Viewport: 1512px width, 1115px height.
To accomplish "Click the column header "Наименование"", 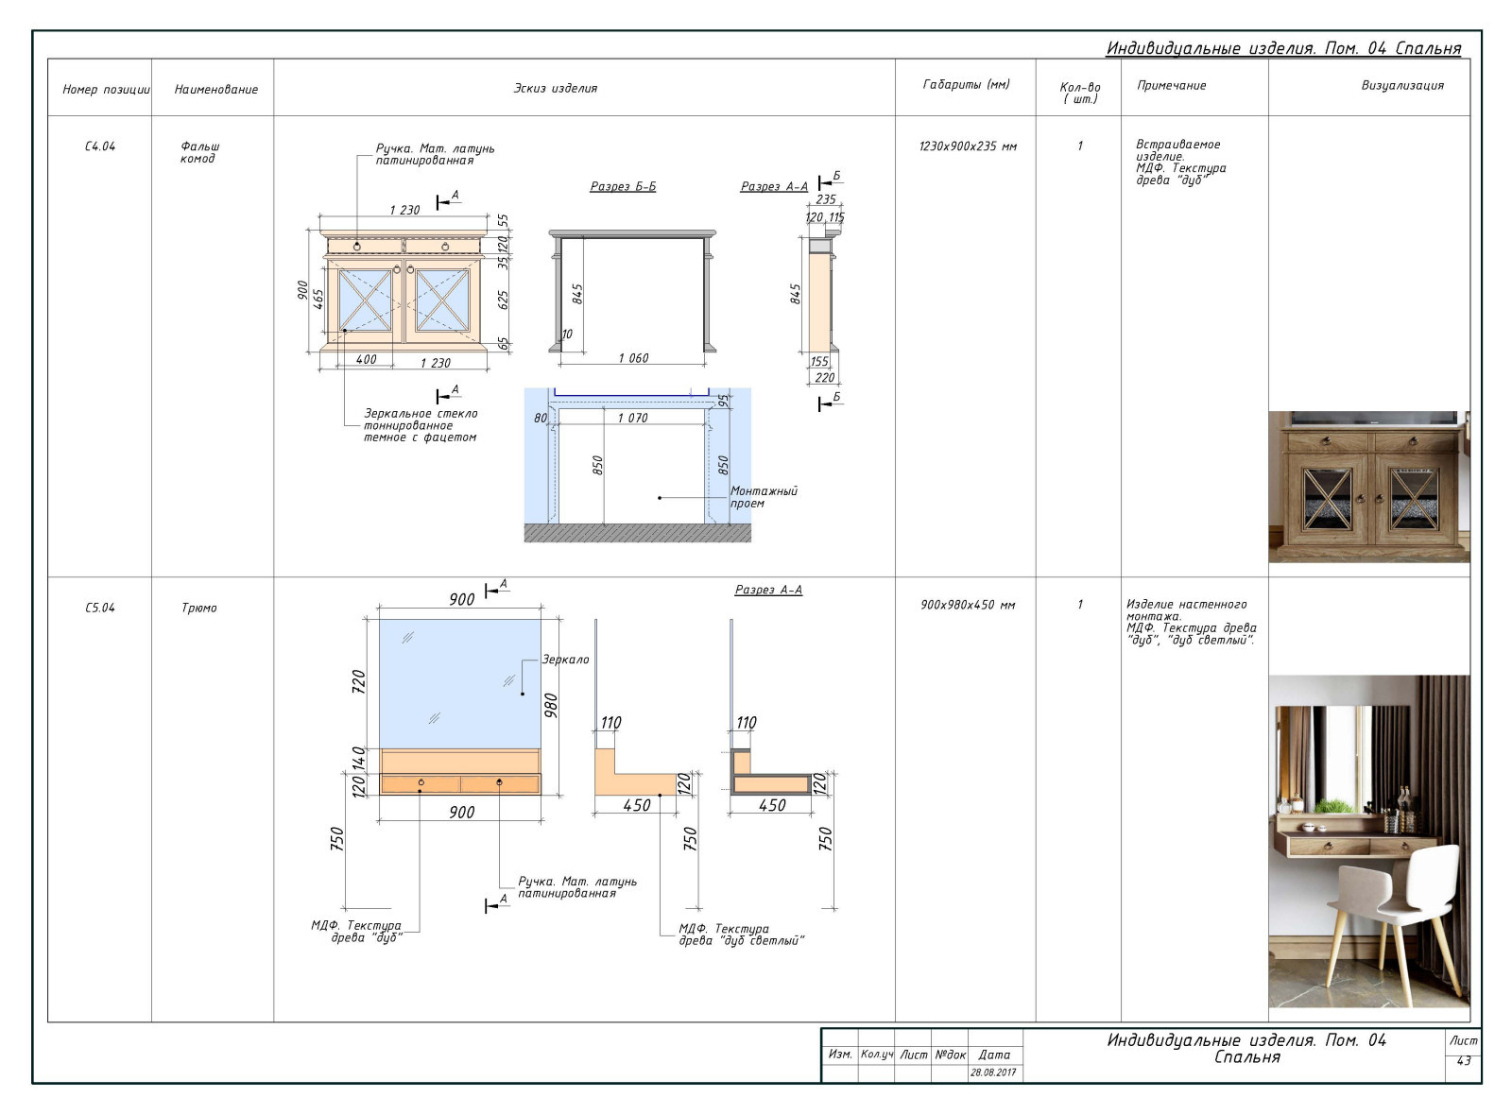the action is coord(216,89).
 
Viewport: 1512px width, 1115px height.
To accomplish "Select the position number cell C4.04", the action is coord(100,146).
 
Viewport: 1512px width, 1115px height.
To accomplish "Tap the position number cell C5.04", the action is coord(100,608).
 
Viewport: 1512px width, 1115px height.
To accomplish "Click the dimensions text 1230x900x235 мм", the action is coord(968,146).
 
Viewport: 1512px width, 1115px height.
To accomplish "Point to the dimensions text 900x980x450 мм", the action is coord(968,605).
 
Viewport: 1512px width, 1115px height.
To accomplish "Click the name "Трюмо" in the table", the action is coord(199,608).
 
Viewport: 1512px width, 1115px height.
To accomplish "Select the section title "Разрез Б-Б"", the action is coord(623,185).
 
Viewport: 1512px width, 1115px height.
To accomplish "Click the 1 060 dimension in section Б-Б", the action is coord(633,358).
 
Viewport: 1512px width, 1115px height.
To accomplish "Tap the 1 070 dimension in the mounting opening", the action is coord(632,418).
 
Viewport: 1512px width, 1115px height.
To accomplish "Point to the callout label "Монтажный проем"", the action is coord(764,497).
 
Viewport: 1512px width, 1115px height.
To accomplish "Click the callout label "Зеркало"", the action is coord(566,660).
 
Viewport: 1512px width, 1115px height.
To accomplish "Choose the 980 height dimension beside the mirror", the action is coord(551,705).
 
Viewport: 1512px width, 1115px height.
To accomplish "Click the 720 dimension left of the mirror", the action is coord(358,681).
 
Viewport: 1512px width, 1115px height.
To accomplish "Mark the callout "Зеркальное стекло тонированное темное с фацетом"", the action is coord(421,425).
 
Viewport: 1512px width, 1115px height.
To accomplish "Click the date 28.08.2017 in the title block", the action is coord(993,1072).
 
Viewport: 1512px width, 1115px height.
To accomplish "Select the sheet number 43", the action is coord(1464,1060).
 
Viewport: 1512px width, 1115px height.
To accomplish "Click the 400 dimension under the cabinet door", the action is coord(366,359).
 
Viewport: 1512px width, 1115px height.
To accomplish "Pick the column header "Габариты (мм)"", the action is coord(966,84).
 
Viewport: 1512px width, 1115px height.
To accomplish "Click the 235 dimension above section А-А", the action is coord(826,199).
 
